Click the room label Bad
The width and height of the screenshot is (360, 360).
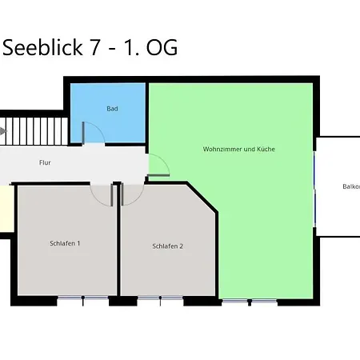[113, 108]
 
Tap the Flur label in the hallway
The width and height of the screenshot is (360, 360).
[45, 162]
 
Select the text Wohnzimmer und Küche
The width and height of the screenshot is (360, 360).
[239, 149]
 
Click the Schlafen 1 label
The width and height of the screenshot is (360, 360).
[65, 243]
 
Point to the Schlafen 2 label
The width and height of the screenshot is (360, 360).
[168, 246]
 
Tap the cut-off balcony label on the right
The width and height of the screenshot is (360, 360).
[350, 186]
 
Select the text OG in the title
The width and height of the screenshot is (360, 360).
[161, 48]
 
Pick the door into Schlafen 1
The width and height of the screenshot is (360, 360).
[102, 193]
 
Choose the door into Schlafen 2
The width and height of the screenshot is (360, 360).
[130, 193]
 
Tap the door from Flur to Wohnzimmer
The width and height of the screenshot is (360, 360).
[158, 166]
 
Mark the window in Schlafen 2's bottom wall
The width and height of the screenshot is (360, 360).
[160, 301]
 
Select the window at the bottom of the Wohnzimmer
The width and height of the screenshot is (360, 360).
[249, 301]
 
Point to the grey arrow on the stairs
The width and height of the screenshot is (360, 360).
[3, 130]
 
